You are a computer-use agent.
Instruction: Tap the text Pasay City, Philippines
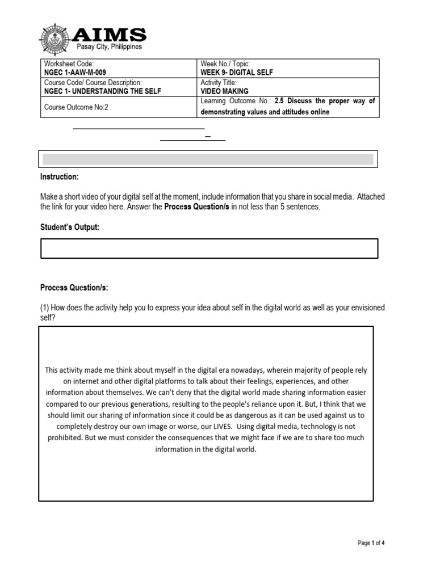(x=110, y=47)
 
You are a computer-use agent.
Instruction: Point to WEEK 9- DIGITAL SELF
(x=236, y=73)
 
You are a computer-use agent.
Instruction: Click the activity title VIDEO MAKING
(x=225, y=91)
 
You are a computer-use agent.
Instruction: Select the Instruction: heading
(x=60, y=177)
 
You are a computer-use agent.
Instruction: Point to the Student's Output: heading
(x=70, y=228)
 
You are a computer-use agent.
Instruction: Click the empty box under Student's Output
(x=209, y=249)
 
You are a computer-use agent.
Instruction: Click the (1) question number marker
(x=44, y=308)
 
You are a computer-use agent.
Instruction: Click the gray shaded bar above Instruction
(x=208, y=159)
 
